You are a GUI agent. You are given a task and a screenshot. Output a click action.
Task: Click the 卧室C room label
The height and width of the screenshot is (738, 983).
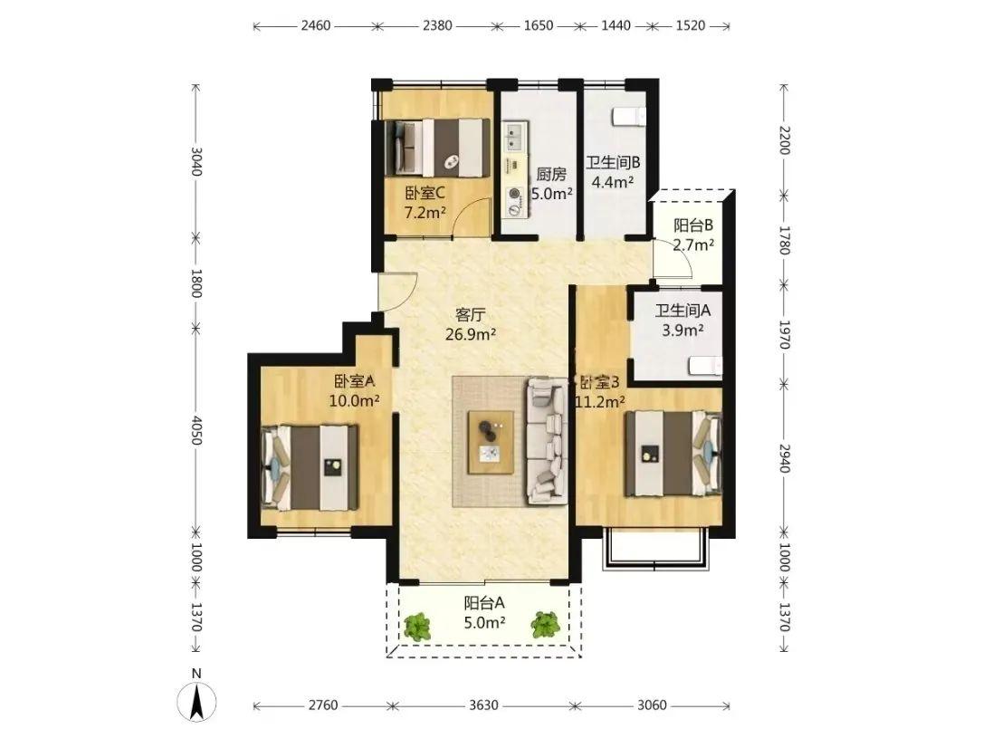click(425, 194)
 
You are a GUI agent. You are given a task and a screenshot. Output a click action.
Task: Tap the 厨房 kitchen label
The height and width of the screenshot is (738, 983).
click(551, 174)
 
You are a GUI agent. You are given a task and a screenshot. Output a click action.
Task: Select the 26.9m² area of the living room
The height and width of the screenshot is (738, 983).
click(470, 334)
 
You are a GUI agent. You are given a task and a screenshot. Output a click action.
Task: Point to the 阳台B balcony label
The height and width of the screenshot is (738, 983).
click(693, 225)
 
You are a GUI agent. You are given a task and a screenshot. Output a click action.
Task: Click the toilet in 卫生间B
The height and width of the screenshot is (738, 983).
click(629, 117)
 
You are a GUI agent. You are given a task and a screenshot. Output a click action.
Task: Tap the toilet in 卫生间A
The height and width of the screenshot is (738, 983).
click(706, 366)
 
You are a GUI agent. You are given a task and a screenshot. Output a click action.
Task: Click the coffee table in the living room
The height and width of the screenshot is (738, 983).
click(491, 442)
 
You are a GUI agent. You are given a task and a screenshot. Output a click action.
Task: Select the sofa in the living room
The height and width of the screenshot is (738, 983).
click(548, 440)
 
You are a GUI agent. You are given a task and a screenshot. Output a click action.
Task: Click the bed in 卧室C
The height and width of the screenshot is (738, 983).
click(437, 148)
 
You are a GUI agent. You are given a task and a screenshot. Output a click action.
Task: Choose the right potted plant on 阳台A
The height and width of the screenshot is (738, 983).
click(545, 625)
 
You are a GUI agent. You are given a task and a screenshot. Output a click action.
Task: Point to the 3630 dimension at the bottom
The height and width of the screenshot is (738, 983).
click(483, 705)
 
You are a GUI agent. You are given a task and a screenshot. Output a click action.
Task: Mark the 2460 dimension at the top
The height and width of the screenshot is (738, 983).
click(315, 25)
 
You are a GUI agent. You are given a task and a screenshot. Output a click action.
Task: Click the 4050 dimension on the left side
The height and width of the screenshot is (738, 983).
click(196, 430)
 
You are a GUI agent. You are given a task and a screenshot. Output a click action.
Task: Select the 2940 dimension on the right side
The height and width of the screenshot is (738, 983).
click(784, 458)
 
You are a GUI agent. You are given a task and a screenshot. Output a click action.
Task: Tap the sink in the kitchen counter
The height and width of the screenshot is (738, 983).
click(515, 138)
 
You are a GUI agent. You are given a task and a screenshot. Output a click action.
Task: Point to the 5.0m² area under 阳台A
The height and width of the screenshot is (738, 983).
click(484, 623)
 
